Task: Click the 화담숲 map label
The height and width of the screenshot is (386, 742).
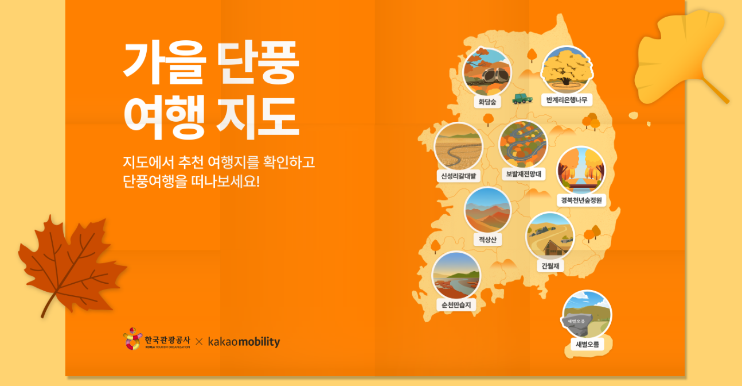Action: coord(487,102)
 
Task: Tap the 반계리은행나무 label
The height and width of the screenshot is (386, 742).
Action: coord(567,100)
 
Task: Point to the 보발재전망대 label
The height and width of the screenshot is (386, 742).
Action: coord(524,173)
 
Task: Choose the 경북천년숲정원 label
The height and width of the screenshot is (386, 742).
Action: coord(581,200)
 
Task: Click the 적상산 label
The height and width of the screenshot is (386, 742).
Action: coord(487,239)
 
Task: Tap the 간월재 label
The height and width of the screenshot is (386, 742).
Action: coord(550,266)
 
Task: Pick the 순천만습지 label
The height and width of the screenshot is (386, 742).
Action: coord(456,305)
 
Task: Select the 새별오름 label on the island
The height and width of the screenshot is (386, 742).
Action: coord(587,345)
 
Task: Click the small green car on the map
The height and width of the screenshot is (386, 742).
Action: coord(522,98)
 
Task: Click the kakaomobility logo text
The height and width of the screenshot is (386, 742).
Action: coord(244,342)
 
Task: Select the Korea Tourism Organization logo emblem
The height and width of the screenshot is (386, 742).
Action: coord(132,339)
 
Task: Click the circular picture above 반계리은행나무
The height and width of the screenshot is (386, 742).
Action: coord(567,70)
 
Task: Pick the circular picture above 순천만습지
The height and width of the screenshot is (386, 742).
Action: coord(456,275)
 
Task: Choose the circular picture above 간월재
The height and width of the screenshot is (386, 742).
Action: coord(550,236)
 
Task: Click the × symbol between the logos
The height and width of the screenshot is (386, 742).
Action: coord(199,342)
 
